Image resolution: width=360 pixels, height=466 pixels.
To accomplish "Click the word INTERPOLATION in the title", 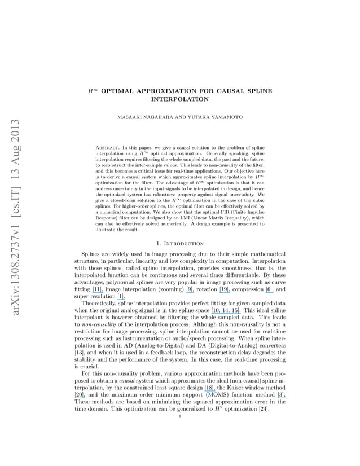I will coord(180,99).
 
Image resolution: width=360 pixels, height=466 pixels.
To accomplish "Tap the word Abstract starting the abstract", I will coord(111,147).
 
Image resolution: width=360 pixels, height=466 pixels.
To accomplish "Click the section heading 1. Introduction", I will coord(180,243).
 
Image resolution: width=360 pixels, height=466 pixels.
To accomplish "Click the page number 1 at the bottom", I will coord(180,417).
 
